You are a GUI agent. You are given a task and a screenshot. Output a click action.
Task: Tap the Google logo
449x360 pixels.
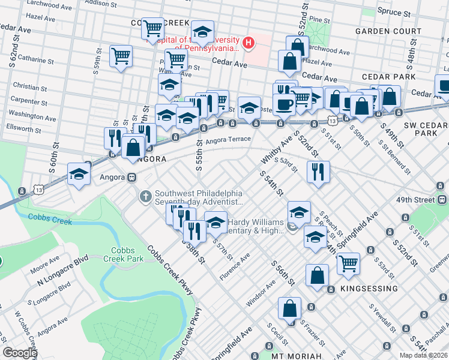[x=20, y=353]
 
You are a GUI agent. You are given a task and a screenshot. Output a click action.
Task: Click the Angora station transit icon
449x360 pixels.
[x=130, y=178]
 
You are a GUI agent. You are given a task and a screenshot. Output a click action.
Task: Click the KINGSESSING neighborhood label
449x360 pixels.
[x=369, y=289]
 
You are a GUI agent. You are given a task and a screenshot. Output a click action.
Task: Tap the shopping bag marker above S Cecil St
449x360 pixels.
[x=289, y=308]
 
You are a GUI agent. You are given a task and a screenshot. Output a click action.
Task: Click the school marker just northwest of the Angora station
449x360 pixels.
[x=79, y=174]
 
